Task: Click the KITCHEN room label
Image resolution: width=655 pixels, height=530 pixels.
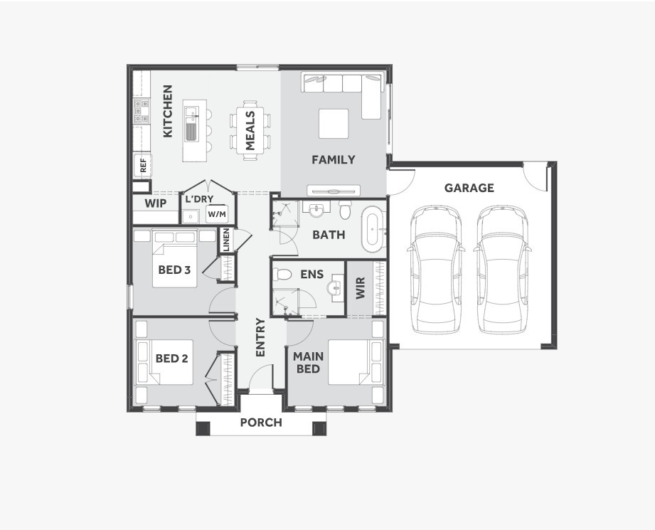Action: [168, 112]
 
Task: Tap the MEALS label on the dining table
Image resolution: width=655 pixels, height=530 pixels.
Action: [250, 130]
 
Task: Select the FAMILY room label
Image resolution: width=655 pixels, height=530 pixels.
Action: [333, 160]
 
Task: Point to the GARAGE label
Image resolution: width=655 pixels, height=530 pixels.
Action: [469, 189]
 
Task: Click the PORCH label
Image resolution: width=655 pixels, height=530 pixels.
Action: [261, 423]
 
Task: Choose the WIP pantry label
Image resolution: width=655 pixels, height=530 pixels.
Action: [156, 203]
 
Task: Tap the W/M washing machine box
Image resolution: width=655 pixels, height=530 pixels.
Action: [216, 213]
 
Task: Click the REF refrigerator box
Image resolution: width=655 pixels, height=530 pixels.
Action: [143, 166]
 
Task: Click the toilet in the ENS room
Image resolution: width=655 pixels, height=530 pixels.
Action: [282, 275]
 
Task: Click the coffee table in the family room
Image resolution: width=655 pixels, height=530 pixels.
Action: [334, 123]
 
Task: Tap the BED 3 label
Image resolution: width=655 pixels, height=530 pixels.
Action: [174, 270]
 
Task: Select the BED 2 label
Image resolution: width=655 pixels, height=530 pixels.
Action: [172, 359]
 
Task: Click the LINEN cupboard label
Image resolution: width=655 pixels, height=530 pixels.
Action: [226, 240]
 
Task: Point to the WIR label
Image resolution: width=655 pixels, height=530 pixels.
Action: [360, 288]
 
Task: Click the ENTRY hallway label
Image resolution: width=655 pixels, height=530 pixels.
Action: [260, 338]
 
